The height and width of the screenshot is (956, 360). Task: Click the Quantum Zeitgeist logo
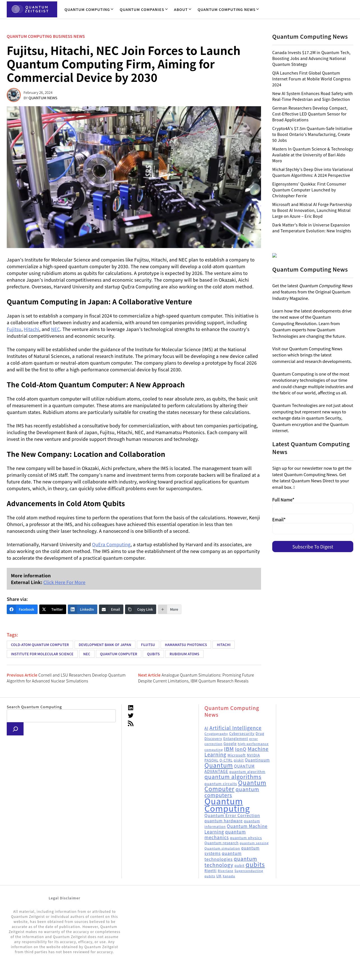click(32, 9)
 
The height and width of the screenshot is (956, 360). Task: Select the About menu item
click(182, 10)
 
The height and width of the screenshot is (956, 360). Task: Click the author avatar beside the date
click(14, 95)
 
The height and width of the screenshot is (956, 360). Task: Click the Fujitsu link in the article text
click(14, 329)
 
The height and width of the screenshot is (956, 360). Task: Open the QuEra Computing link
click(111, 545)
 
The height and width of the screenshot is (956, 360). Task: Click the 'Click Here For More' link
click(64, 582)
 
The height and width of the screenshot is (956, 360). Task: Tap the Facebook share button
click(22, 609)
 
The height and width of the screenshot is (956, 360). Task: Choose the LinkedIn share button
click(82, 609)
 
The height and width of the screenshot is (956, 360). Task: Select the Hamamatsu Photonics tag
click(186, 645)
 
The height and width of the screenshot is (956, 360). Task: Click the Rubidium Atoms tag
click(184, 654)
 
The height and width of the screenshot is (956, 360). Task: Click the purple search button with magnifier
click(15, 729)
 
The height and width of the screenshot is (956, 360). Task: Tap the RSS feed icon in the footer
click(131, 723)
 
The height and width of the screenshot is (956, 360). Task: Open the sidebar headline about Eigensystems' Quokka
click(309, 190)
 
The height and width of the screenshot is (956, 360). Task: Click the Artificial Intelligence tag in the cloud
click(235, 728)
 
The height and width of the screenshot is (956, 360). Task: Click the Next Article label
click(149, 675)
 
